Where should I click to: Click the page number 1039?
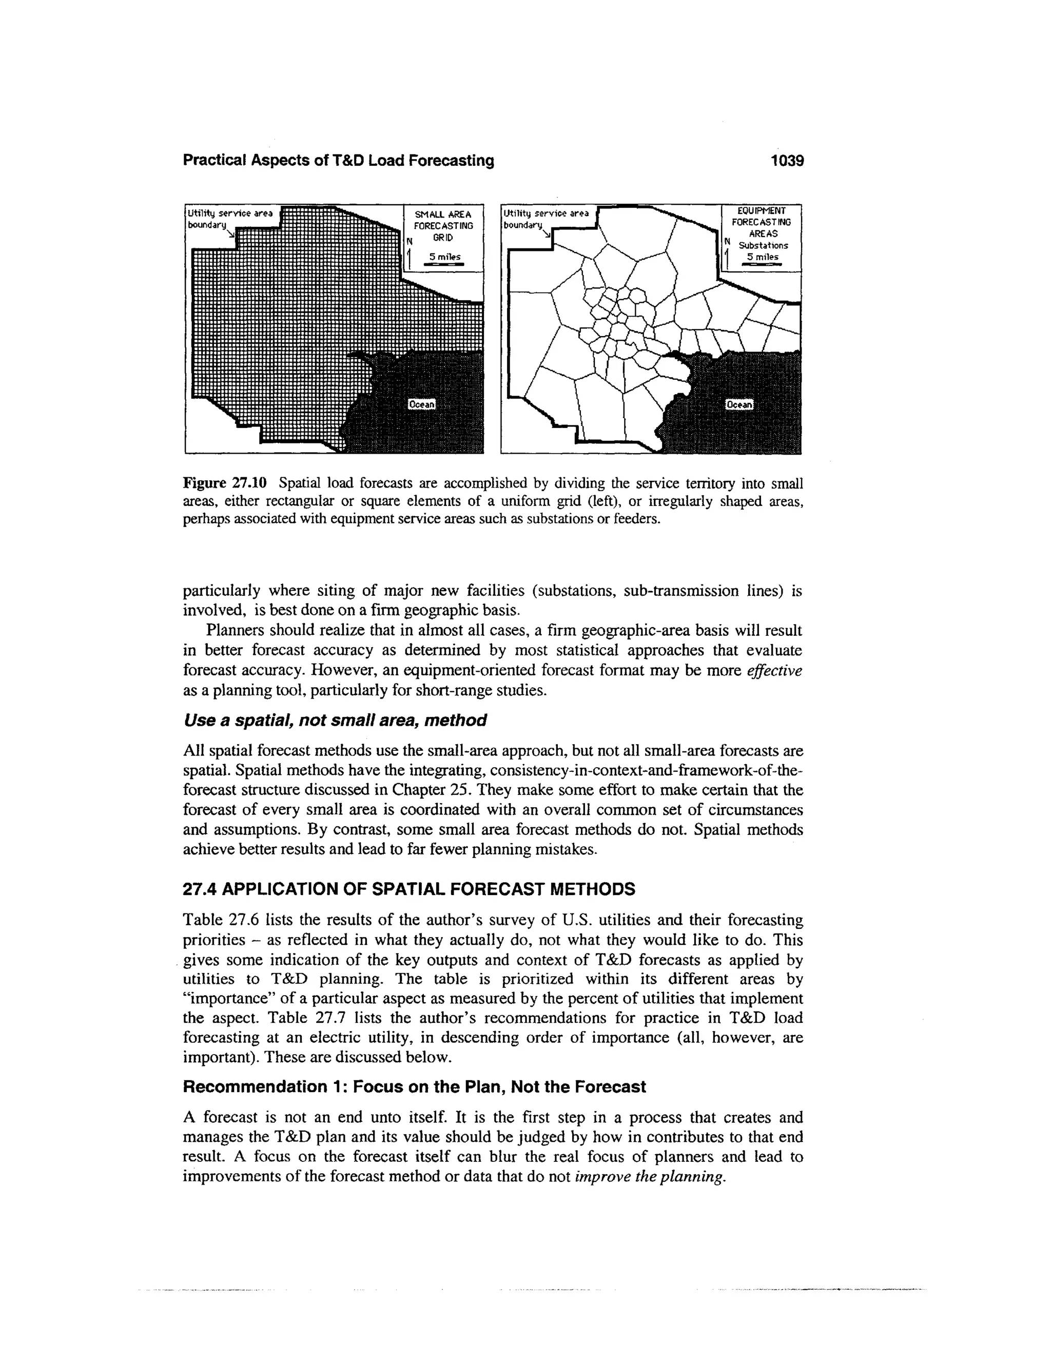[x=787, y=161]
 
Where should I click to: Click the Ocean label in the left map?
[x=421, y=404]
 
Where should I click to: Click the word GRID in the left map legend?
[x=443, y=237]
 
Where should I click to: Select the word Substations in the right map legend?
[x=763, y=245]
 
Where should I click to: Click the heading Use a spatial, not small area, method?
[x=335, y=721]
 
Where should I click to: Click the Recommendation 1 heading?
[x=414, y=1086]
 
